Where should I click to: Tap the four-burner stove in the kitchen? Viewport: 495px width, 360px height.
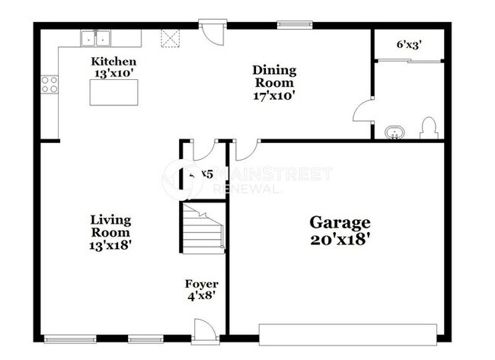50,84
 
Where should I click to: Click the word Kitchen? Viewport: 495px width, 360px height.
114,62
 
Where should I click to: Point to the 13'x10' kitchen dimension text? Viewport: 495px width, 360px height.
114,73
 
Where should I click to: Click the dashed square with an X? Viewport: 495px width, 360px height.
169,38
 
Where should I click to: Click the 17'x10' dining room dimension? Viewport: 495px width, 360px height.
274,96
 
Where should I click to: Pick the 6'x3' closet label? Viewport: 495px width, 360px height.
408,44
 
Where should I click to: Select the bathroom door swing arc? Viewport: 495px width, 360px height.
362,112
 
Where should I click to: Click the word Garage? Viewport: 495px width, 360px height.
339,222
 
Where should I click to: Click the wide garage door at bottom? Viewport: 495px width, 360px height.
347,331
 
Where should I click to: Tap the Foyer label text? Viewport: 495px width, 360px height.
202,284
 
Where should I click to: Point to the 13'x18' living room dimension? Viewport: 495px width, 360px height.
110,245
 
